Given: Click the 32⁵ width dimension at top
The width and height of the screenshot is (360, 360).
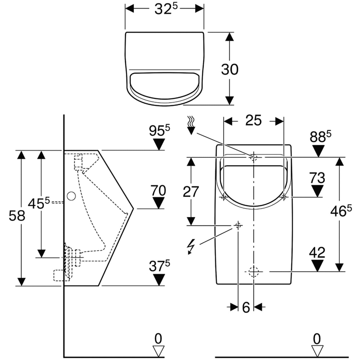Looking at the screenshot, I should click(x=164, y=9).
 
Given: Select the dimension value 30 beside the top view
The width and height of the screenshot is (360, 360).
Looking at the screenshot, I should click(x=230, y=69).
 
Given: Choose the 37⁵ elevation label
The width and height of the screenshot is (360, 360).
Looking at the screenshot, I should click(x=159, y=267).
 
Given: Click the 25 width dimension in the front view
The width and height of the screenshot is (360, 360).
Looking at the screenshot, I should click(x=253, y=121).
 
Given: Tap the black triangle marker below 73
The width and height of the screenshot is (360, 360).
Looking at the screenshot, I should click(x=317, y=191).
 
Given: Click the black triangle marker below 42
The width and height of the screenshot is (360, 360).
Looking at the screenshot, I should click(x=317, y=266).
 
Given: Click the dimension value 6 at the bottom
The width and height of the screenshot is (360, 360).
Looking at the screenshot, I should click(x=246, y=307).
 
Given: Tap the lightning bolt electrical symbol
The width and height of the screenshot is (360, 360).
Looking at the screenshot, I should click(x=191, y=247).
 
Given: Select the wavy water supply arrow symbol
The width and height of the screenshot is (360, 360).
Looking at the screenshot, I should click(x=192, y=125).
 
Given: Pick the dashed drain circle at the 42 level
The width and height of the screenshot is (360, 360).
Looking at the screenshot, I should click(x=254, y=271).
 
